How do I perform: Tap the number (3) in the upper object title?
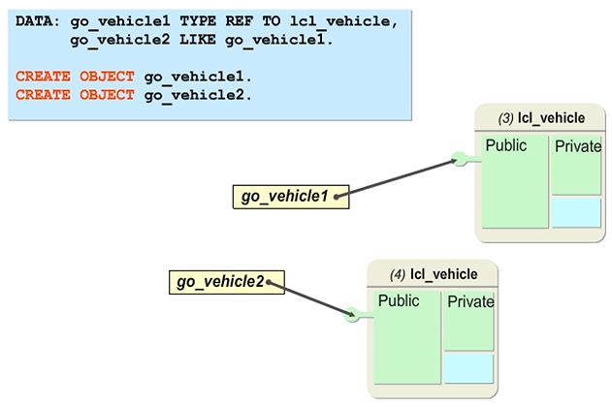505,118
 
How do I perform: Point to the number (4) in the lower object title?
398,273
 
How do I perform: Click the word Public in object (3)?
505,146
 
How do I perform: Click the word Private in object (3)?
577,147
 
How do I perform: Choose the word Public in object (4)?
399,301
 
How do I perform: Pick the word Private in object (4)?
470,302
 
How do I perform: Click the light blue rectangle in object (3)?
576,212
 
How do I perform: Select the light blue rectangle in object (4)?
469,367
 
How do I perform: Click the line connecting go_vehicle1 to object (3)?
398,177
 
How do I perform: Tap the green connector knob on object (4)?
352,314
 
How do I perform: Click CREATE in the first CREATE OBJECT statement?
44,76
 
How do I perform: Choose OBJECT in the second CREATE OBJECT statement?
109,94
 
